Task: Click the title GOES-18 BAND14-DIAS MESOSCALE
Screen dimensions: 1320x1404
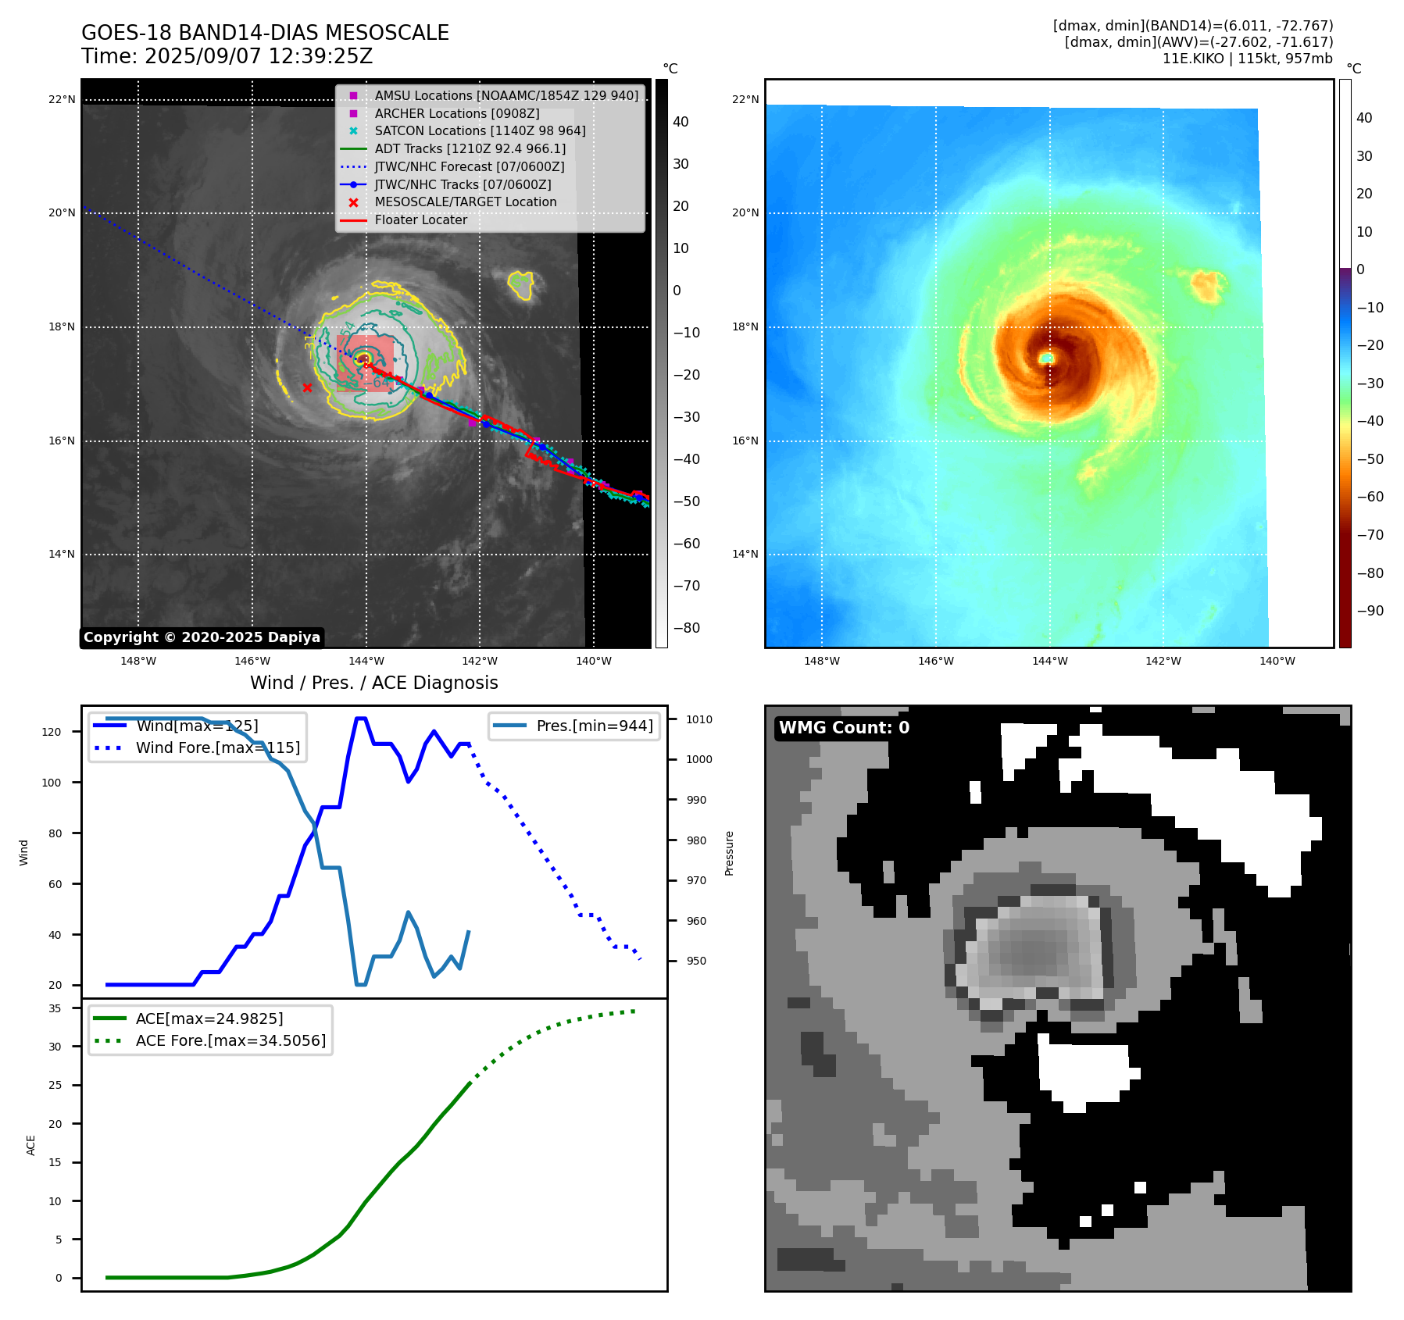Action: (x=265, y=33)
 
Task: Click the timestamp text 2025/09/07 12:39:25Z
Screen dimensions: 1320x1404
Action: (x=259, y=57)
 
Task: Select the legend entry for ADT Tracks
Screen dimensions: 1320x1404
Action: (x=470, y=148)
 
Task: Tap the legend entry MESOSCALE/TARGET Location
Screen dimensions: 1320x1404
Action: (x=465, y=202)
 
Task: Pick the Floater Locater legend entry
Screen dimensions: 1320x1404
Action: (x=420, y=220)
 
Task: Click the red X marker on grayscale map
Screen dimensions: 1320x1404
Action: (x=307, y=387)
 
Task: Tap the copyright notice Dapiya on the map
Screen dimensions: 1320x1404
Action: (x=202, y=637)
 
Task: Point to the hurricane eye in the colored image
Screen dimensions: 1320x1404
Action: (x=1046, y=358)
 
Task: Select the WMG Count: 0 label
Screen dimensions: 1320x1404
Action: (x=844, y=728)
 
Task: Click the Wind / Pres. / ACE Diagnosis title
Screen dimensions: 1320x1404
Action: (x=373, y=683)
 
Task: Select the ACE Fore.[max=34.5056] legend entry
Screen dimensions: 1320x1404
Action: (x=230, y=1041)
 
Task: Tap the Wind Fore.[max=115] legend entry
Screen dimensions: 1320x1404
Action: (x=217, y=748)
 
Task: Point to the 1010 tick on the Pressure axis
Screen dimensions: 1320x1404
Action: (x=699, y=719)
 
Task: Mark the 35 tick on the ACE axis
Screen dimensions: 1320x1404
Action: (x=55, y=1008)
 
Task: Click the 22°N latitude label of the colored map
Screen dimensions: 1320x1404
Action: (x=745, y=100)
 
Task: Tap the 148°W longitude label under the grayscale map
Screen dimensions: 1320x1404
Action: (x=138, y=662)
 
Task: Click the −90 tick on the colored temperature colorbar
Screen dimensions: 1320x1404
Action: (x=1370, y=611)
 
